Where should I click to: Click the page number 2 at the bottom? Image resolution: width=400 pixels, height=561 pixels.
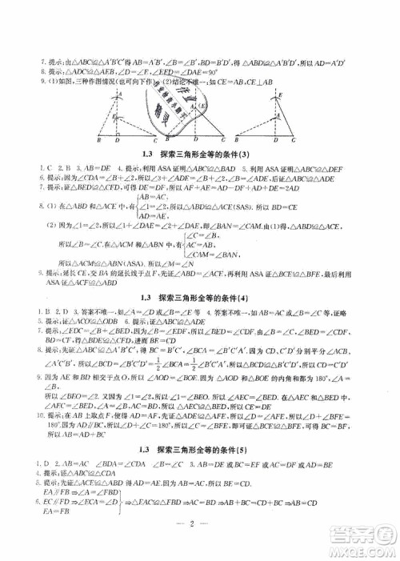coord(200,524)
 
